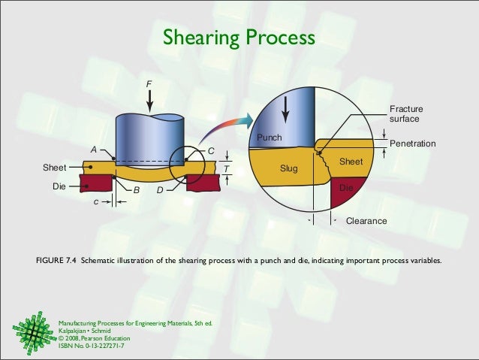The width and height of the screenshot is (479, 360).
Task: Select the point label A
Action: [94, 150]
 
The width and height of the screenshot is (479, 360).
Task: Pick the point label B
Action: [136, 190]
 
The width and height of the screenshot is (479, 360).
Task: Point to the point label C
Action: [211, 151]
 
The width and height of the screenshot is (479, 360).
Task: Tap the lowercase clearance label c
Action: [95, 201]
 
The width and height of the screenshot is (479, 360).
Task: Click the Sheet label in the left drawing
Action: [53, 167]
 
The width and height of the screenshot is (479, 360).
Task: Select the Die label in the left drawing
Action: [59, 183]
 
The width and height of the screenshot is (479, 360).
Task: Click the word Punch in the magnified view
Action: [269, 138]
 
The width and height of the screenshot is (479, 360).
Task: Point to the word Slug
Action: [289, 168]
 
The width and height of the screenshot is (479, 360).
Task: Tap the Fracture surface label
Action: [405, 114]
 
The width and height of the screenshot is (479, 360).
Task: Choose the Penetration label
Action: [413, 143]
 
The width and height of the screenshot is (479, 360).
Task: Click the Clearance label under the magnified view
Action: [366, 222]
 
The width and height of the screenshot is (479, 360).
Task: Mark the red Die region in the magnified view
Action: [349, 194]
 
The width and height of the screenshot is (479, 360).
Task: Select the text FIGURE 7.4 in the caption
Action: [56, 262]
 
